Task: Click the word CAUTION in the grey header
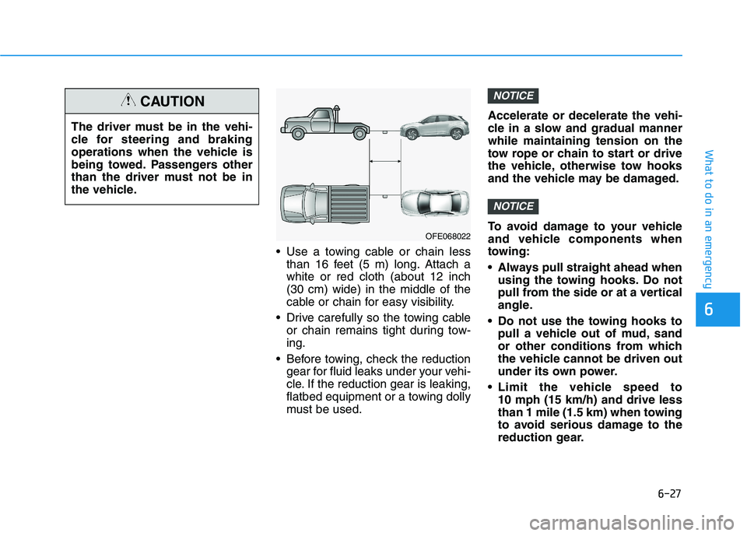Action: [173, 101]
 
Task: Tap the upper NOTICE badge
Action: [513, 96]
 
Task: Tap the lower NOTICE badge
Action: [513, 206]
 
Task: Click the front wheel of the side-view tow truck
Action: [299, 133]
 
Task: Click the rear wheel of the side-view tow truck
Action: [359, 133]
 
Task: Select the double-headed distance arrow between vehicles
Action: [385, 161]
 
